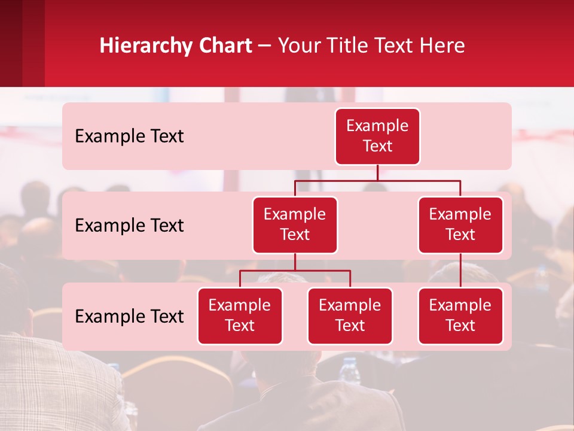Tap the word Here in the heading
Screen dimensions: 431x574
tap(441, 45)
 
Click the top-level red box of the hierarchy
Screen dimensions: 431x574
tap(377, 136)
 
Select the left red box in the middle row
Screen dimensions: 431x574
tap(295, 224)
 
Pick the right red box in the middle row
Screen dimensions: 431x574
tap(460, 224)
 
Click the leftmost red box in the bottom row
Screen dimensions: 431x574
tap(240, 315)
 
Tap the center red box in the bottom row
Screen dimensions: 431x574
tap(350, 315)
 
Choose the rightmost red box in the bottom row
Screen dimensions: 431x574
tap(460, 315)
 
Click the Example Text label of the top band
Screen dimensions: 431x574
tap(129, 136)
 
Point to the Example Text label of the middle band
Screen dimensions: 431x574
tap(129, 226)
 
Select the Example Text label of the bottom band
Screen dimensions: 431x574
tap(129, 316)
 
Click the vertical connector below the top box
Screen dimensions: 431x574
tap(377, 172)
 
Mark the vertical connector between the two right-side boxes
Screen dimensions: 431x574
tap(460, 271)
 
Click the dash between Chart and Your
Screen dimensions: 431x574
tap(265, 47)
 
